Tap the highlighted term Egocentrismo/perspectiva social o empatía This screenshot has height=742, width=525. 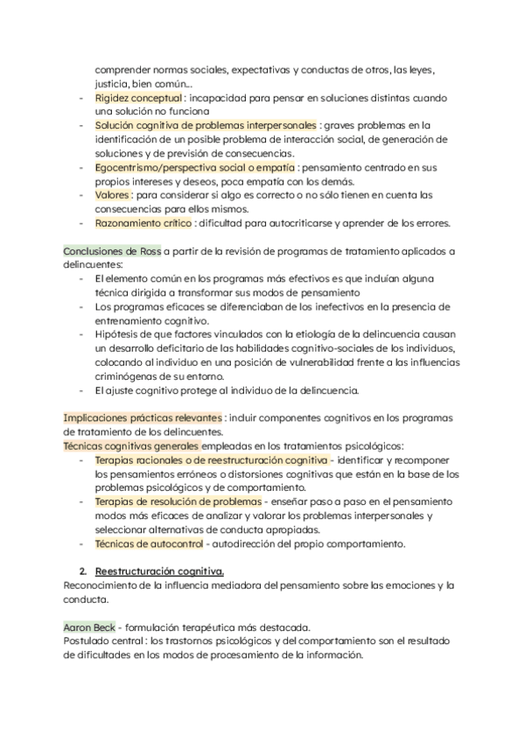tap(195, 167)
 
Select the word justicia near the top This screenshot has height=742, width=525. tap(112, 84)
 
